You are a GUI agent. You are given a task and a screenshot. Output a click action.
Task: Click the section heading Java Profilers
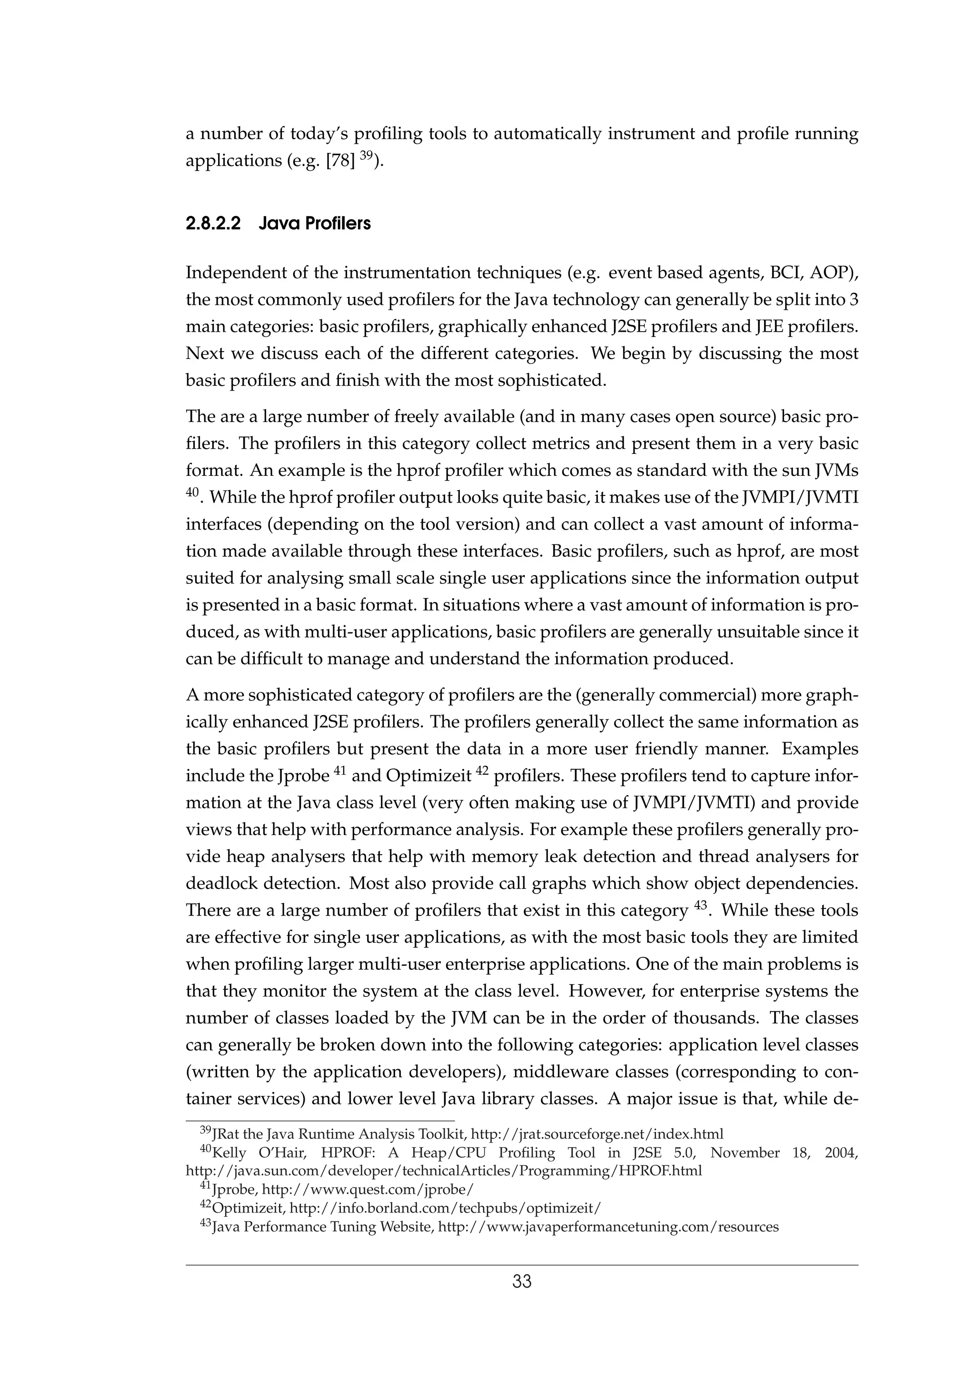pos(315,224)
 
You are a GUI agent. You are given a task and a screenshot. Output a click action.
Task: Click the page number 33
pos(521,1282)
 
